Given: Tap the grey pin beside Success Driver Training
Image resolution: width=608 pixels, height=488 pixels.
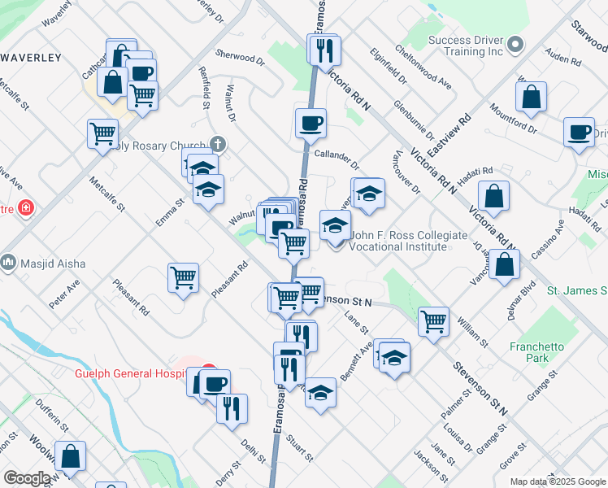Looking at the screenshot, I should click(x=515, y=43).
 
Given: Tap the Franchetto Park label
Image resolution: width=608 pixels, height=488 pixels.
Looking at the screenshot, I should click(x=536, y=352).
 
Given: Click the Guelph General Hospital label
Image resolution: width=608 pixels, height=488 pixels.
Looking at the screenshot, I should click(x=125, y=374).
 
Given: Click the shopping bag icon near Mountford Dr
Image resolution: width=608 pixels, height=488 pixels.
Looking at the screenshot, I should click(x=531, y=97).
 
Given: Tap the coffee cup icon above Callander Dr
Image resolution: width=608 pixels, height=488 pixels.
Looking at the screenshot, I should click(x=311, y=124).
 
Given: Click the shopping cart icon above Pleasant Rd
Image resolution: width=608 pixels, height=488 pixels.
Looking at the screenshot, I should click(x=184, y=278).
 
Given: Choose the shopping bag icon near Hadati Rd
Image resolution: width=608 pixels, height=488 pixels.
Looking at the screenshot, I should click(x=494, y=195).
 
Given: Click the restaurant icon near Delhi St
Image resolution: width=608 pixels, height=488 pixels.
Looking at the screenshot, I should click(x=232, y=407).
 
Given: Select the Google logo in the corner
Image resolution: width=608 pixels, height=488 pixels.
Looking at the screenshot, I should click(x=27, y=478).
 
